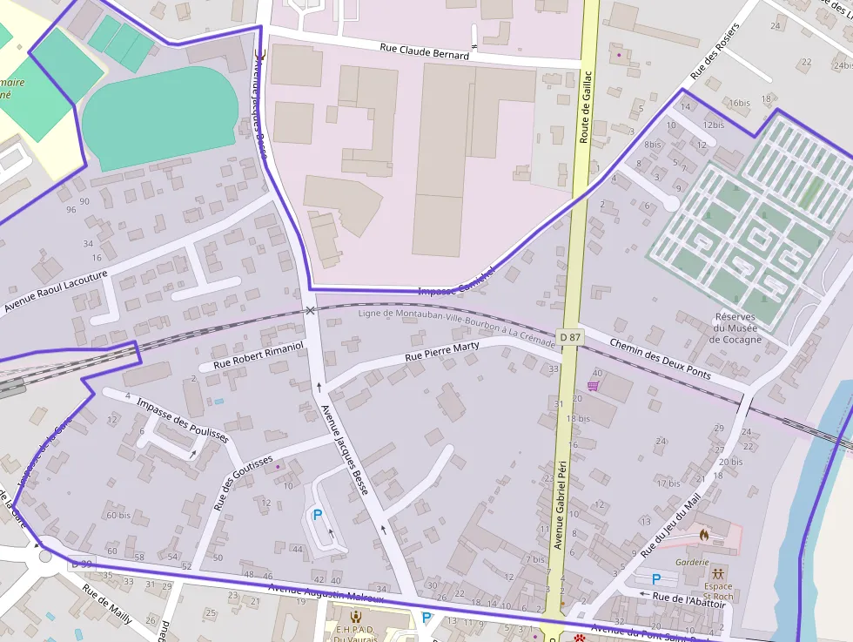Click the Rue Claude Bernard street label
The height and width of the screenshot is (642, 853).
coord(424,50)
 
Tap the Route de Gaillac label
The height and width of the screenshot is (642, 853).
coord(585,106)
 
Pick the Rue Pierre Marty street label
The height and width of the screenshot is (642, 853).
coord(442,351)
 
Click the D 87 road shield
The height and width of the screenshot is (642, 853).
coord(570,336)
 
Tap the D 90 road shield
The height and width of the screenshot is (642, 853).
coord(81,564)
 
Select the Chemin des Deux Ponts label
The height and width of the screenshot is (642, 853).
coord(661,358)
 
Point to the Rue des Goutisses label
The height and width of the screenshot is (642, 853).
coord(243,482)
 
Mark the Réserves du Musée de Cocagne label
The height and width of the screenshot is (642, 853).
coord(736,328)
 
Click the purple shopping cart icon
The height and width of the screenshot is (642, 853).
coord(593,386)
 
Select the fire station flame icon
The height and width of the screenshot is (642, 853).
coord(703,533)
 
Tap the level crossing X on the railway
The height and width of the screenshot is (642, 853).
coord(310,310)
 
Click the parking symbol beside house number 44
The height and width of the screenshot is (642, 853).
coord(318,516)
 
